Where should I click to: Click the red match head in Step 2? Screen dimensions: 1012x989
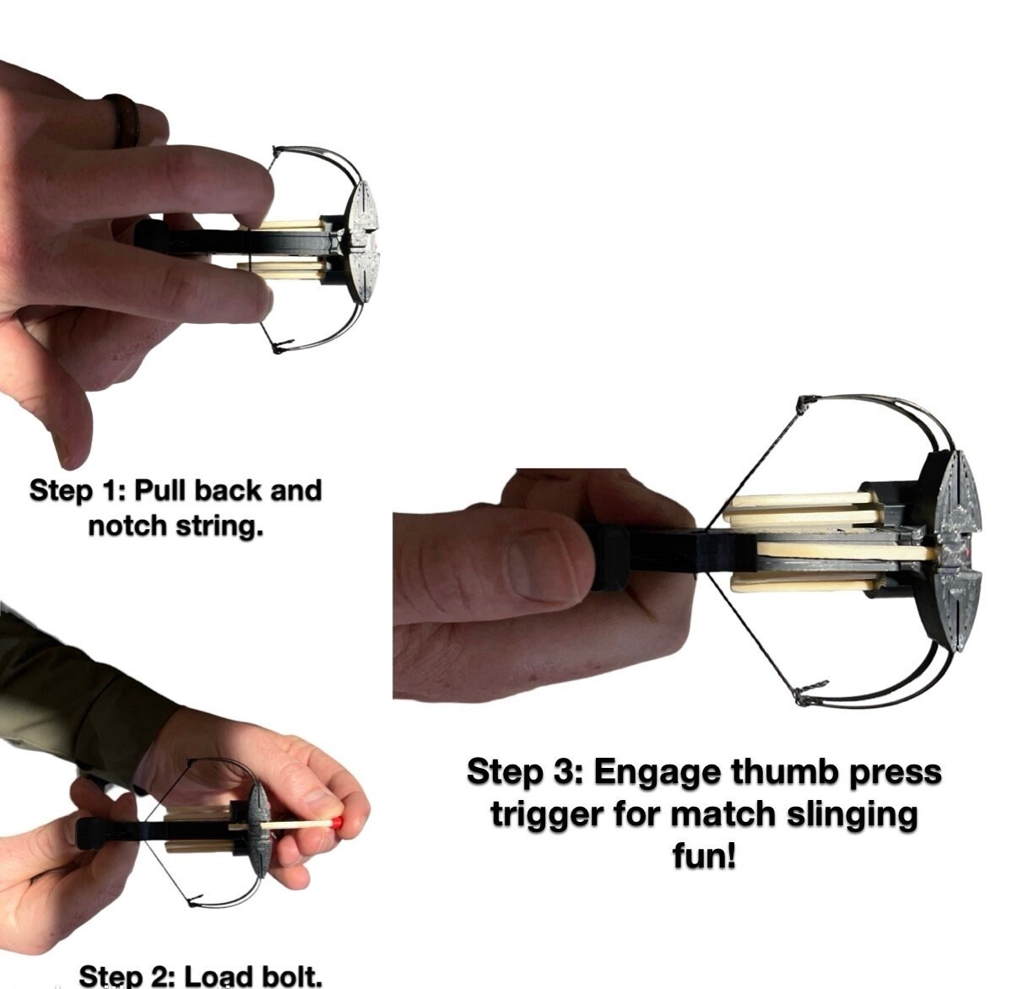[336, 824]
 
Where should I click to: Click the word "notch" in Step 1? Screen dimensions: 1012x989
[127, 527]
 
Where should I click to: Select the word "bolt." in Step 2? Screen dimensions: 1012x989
[290, 975]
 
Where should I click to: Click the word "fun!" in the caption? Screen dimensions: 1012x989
[704, 857]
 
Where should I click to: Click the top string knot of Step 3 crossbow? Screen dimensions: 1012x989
[804, 404]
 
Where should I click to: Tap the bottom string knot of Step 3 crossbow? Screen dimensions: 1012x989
[805, 694]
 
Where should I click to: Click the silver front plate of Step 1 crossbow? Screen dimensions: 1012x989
[365, 240]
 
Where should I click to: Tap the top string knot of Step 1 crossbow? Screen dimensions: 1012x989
[277, 152]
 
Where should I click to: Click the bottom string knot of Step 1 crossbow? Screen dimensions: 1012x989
[279, 348]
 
